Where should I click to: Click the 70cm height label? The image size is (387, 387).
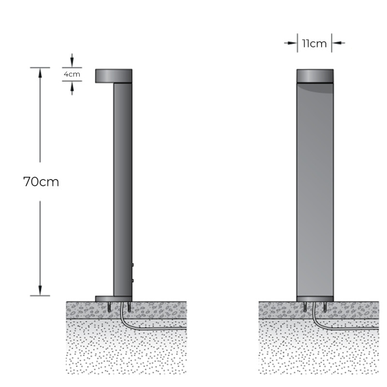point(41,182)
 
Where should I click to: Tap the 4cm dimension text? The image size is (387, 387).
point(72,74)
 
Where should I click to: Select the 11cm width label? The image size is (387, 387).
point(314,44)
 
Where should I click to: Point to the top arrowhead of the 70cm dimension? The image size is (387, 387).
point(40,72)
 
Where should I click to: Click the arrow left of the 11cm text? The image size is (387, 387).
point(292,43)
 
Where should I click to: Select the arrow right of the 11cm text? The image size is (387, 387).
point(337,43)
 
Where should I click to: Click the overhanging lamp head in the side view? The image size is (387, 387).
point(113,75)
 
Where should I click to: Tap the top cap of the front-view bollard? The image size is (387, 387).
point(314,75)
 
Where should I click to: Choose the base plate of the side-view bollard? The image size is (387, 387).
point(113,298)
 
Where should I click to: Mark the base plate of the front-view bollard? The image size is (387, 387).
point(314,298)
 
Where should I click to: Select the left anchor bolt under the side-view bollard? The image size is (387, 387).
point(111,307)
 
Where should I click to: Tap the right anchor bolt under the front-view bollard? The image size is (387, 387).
point(325,307)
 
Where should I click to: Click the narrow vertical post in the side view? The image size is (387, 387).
point(122,189)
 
